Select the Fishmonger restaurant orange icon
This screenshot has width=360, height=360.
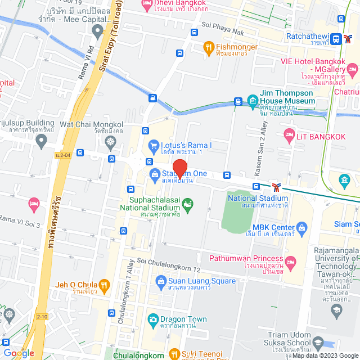point(208,47)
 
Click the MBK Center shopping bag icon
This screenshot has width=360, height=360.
point(301,228)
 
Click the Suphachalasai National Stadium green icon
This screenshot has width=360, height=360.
point(188,202)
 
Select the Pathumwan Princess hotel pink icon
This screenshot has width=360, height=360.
point(291,262)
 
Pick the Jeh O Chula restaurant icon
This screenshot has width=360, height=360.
point(103,285)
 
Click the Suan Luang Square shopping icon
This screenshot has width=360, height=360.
point(161,280)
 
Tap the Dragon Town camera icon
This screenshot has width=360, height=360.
point(152,319)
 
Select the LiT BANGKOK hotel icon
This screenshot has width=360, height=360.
point(289,134)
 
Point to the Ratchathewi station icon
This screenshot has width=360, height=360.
point(336,39)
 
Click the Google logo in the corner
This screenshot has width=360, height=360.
point(18,353)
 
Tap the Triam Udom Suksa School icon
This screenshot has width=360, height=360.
point(318,344)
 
